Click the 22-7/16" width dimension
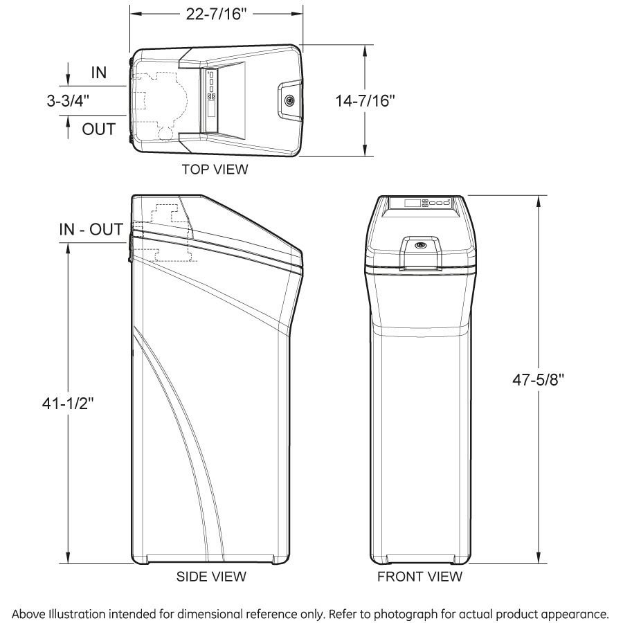pos(216,15)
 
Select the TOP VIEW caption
pos(215,169)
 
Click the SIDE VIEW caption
pos(211,576)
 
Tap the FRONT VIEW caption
pos(419,576)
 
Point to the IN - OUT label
pos(91,229)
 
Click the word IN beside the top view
pos(99,72)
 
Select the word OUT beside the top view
pos(99,129)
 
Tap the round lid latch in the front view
pos(420,245)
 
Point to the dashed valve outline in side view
pos(166,232)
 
